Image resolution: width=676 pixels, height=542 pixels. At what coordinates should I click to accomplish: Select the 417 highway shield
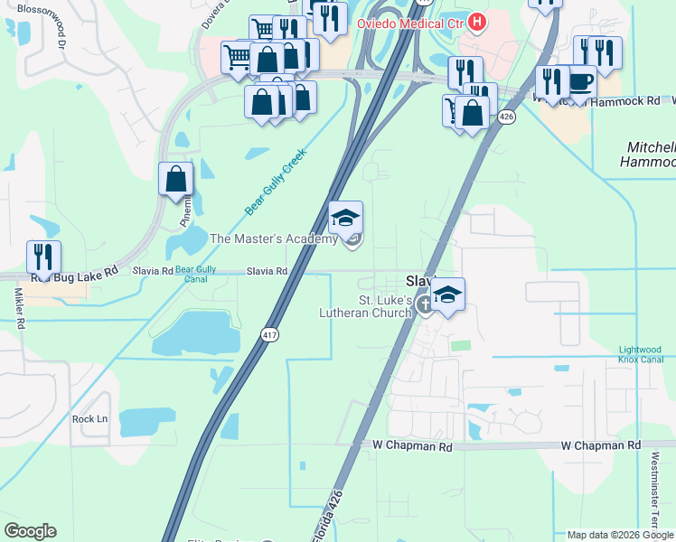pyautogui.click(x=270, y=335)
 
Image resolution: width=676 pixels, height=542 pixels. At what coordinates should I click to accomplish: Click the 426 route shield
pyautogui.click(x=508, y=117)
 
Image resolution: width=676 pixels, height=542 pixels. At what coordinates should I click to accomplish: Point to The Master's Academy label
pyautogui.click(x=273, y=238)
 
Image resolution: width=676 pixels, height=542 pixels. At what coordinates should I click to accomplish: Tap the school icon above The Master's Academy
pyautogui.click(x=345, y=218)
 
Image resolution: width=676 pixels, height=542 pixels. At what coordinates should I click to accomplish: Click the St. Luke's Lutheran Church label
pyautogui.click(x=366, y=306)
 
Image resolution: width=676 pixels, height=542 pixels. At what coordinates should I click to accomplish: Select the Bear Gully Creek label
pyautogui.click(x=276, y=182)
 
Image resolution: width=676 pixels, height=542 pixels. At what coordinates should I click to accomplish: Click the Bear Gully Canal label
pyautogui.click(x=195, y=274)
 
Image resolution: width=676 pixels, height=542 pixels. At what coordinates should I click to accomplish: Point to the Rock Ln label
pyautogui.click(x=89, y=419)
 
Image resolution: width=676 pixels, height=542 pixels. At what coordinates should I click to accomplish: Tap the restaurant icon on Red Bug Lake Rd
pyautogui.click(x=43, y=257)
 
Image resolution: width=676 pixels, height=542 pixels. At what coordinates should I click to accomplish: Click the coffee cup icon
pyautogui.click(x=580, y=81)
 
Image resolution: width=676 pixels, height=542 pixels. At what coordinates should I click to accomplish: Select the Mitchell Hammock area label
pyautogui.click(x=650, y=154)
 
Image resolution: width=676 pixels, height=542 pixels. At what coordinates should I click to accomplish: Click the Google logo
pyautogui.click(x=30, y=531)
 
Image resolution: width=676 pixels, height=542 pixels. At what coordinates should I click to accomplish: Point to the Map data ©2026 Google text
pyautogui.click(x=619, y=535)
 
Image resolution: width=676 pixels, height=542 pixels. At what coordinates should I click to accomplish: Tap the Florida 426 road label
pyautogui.click(x=328, y=518)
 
